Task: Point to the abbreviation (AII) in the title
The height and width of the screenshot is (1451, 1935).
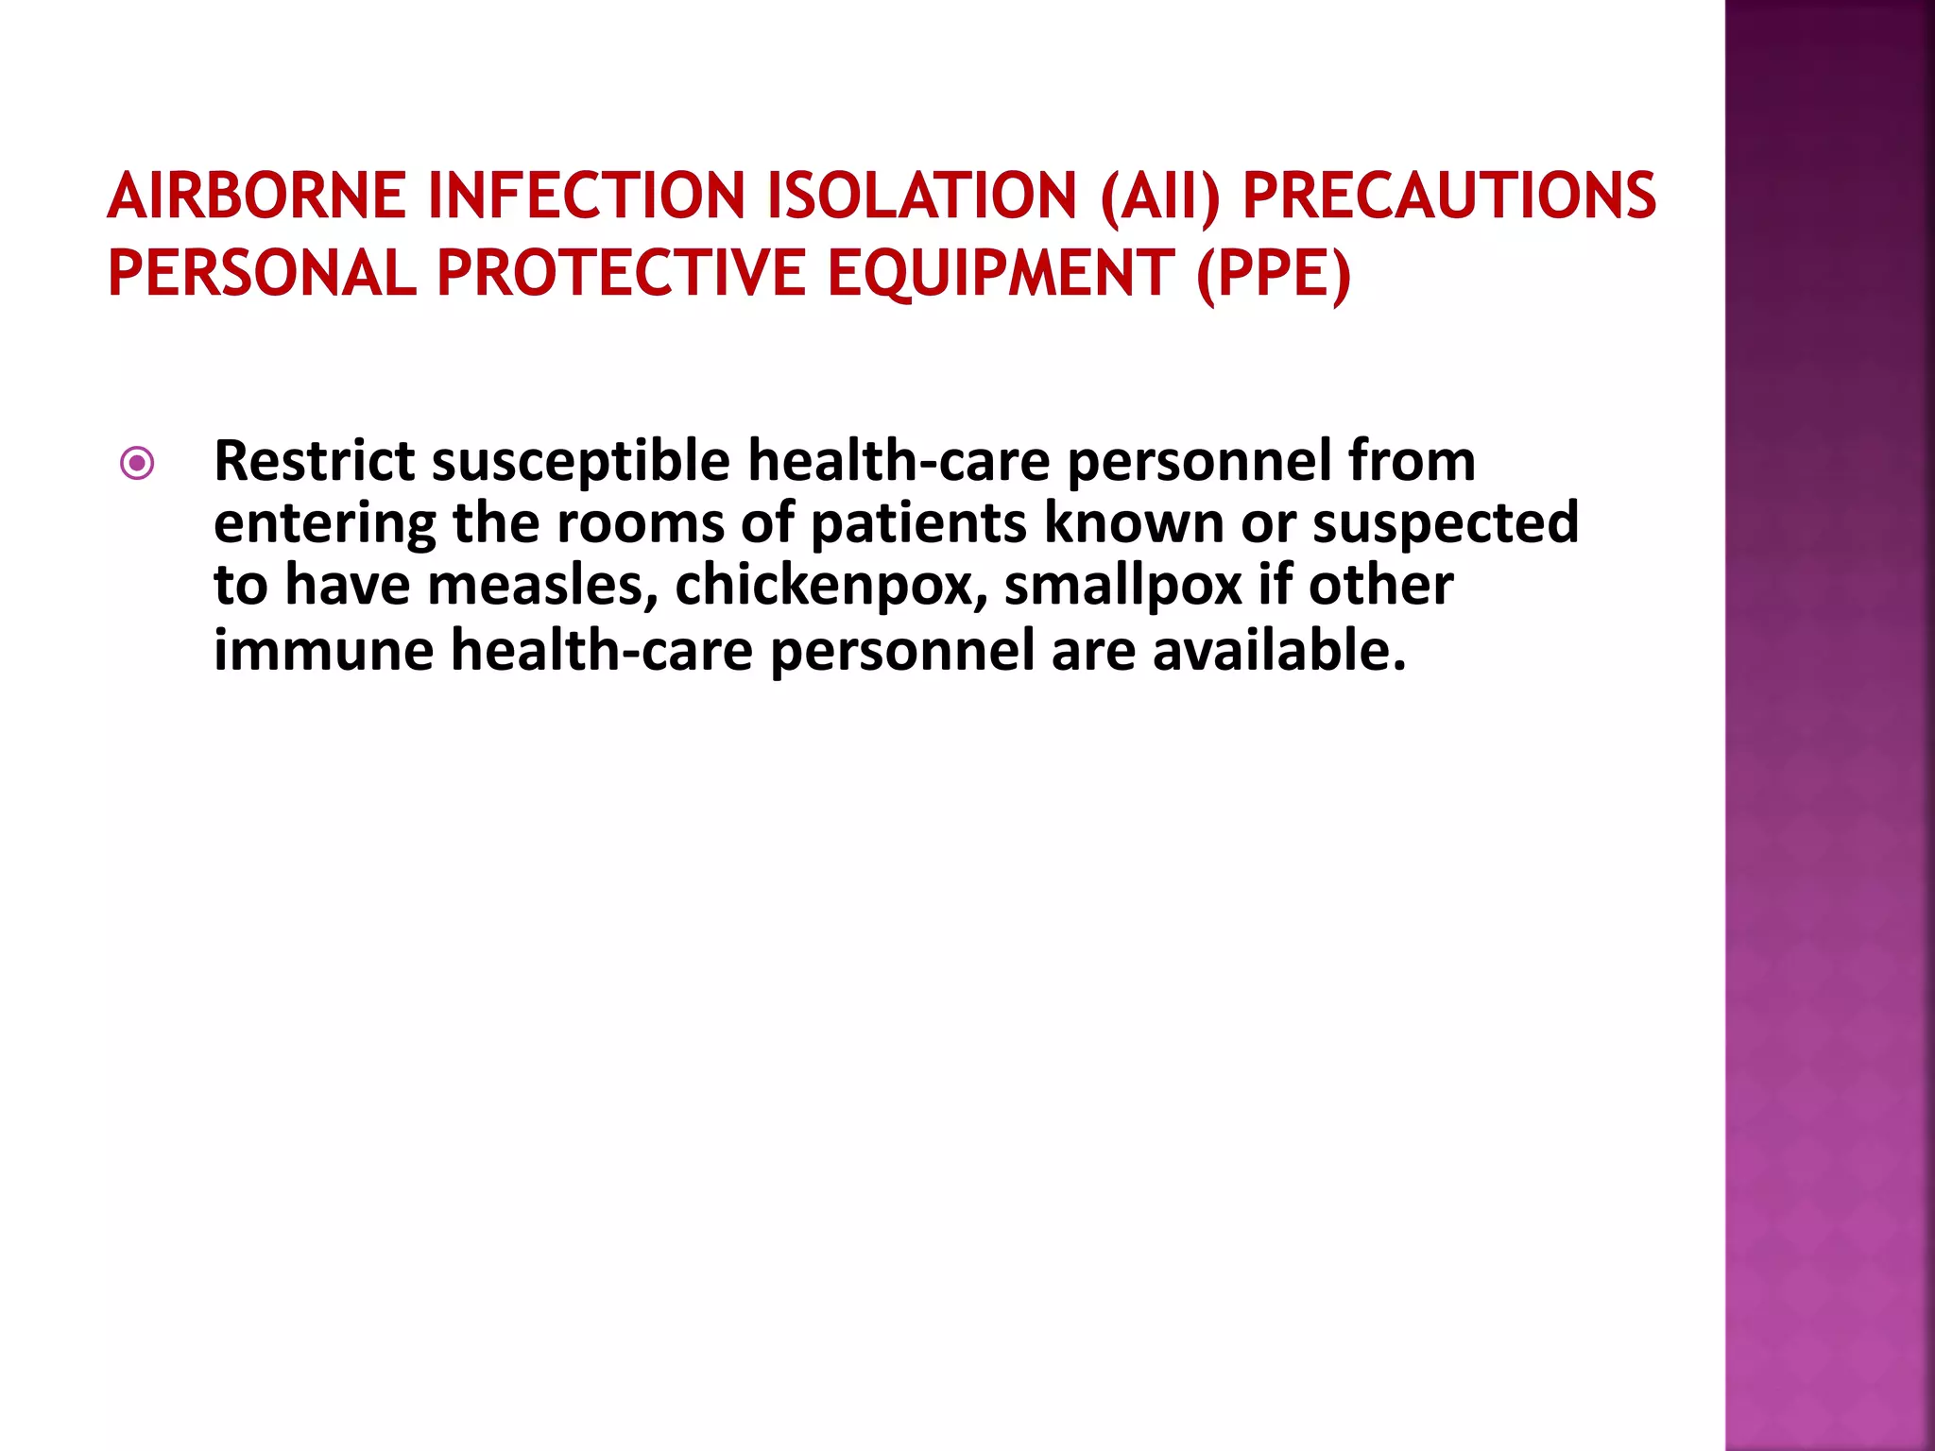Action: pos(1159,197)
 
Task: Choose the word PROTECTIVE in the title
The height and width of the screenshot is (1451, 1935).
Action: pos(621,273)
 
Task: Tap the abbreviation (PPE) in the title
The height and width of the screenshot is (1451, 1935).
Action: pos(1274,275)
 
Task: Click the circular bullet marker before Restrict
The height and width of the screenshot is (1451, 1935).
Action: pos(138,463)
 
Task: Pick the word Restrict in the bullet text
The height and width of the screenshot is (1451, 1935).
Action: pos(315,461)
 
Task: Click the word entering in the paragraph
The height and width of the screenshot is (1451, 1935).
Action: pos(325,525)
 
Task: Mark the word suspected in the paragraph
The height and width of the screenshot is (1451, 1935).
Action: pos(1446,525)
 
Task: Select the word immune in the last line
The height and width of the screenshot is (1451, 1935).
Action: pos(324,651)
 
